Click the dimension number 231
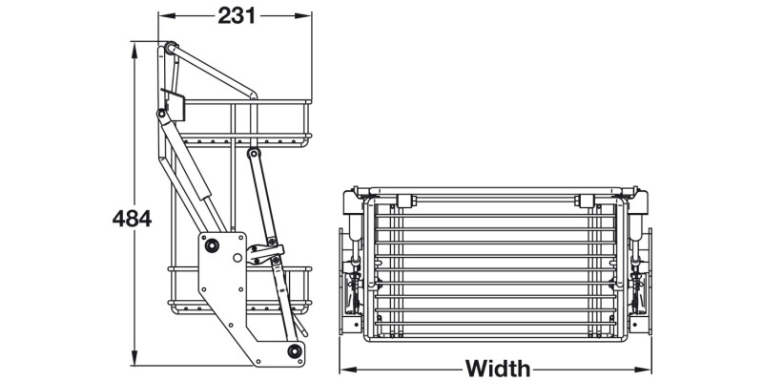236,15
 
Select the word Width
498,368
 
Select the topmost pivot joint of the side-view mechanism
169,48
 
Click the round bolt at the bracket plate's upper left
212,245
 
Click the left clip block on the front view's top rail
402,200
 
